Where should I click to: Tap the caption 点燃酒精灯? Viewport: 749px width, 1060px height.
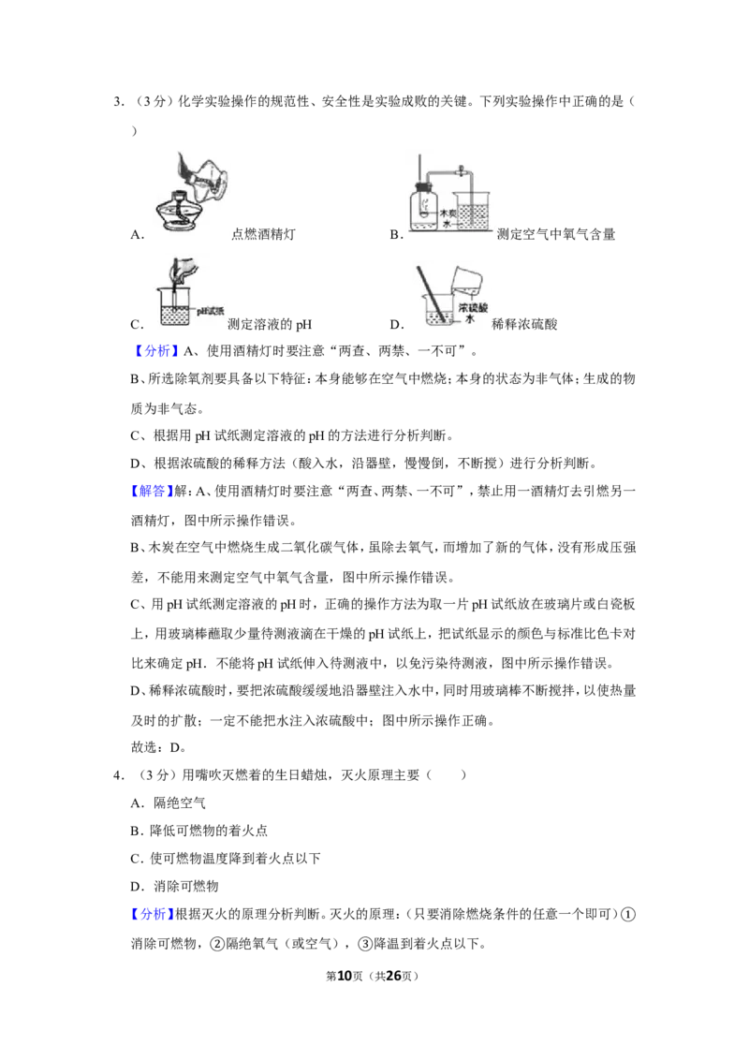pos(264,235)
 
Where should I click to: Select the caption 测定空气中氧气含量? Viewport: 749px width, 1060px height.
pos(556,235)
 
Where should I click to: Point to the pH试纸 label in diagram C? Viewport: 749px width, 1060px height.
pos(211,311)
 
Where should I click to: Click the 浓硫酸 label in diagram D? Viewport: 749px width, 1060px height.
pos(473,308)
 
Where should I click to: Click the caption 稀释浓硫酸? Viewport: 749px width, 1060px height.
pos(524,325)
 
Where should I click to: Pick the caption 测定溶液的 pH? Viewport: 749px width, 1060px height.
pos(270,325)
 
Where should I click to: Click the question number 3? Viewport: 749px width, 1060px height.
pos(117,102)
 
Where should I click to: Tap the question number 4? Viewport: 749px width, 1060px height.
pos(117,775)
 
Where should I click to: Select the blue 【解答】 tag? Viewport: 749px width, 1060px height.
pos(152,492)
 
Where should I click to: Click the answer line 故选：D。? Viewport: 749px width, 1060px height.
pos(158,747)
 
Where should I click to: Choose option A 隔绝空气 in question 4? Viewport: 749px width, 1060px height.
pos(168,803)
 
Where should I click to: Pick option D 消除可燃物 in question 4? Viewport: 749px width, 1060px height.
pos(174,886)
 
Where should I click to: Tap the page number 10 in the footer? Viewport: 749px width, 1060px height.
pos(345,976)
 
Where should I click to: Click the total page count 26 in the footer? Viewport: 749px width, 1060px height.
pos(393,976)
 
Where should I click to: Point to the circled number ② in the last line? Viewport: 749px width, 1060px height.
pos(217,944)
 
